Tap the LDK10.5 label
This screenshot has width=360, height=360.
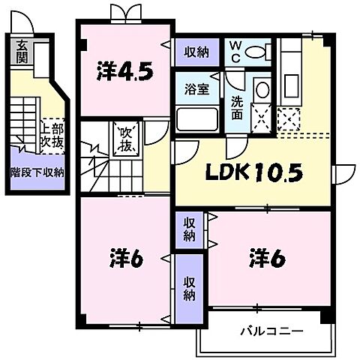[255, 174]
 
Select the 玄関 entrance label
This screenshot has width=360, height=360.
[23, 50]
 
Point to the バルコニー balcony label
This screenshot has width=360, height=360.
[271, 330]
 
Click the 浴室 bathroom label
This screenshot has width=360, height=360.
[198, 88]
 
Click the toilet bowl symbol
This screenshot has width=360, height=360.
[258, 52]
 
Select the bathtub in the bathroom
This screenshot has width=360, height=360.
[199, 120]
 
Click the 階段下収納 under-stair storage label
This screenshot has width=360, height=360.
[37, 172]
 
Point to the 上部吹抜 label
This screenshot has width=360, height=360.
[51, 133]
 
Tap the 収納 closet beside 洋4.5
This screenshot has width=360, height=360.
[196, 52]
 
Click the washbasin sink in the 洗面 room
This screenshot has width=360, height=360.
[262, 91]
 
